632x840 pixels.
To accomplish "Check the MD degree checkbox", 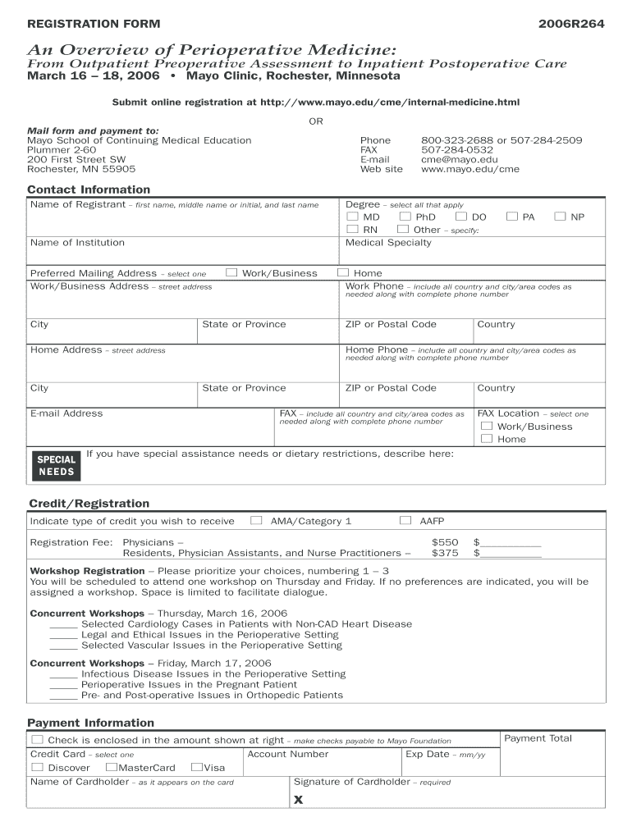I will click(353, 217).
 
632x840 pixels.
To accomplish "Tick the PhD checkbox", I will click(405, 217).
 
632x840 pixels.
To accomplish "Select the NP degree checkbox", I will click(560, 217).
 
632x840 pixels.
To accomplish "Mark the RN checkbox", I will click(353, 230).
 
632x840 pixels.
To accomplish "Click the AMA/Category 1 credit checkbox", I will click(256, 520).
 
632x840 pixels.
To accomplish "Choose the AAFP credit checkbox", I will click(405, 520).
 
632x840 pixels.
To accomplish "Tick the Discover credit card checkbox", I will click(37, 767).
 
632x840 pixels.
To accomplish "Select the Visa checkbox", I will click(196, 767).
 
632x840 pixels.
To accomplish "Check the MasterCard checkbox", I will click(111, 767).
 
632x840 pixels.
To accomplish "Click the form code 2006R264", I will click(571, 24).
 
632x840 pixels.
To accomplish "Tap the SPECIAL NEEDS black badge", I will click(56, 465).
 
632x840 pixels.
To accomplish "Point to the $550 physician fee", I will click(445, 542).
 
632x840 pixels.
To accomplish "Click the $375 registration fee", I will click(445, 553).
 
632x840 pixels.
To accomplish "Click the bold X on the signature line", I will click(299, 800).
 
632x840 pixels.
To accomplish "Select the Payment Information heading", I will click(90, 723).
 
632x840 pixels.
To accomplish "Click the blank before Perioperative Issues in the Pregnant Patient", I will click(63, 685).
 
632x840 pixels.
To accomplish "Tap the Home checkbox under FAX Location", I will click(487, 439).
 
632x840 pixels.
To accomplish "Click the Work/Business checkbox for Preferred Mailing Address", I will click(231, 272).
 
